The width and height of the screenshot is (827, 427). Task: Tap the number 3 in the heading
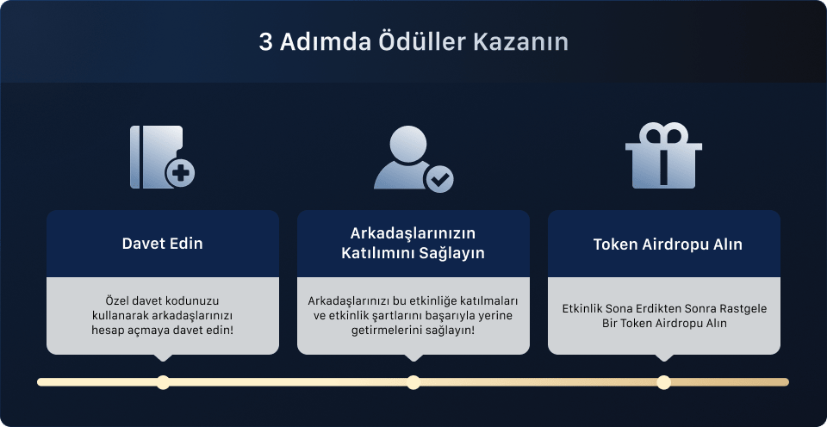coord(265,42)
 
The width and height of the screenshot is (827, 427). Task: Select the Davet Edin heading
coord(163,244)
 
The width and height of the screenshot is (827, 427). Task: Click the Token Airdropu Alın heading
coord(668,244)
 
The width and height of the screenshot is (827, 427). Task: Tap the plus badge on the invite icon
coord(180,173)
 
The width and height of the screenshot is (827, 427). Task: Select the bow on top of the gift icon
coord(663,134)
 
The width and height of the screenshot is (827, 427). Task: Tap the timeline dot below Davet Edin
coord(163,382)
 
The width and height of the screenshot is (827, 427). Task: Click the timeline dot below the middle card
coord(413,382)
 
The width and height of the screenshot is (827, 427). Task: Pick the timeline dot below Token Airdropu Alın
coord(663,382)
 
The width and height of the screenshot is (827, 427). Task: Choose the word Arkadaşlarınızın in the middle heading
coord(413,234)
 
